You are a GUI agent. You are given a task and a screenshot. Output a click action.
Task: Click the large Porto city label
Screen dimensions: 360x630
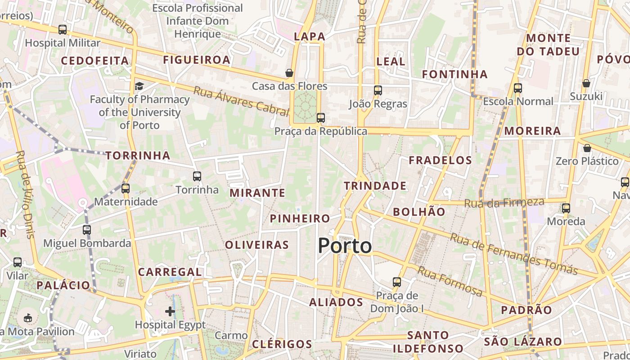tap(345, 246)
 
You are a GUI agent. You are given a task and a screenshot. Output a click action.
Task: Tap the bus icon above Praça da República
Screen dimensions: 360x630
tap(320, 118)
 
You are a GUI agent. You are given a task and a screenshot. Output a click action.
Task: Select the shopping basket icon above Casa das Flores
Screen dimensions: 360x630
tap(289, 73)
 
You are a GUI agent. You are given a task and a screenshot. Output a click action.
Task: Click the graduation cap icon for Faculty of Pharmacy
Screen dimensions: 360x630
tap(139, 85)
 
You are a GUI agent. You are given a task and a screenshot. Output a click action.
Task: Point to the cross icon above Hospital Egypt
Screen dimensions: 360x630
tap(170, 311)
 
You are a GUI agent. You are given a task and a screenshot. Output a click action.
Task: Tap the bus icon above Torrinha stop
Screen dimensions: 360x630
tap(197, 176)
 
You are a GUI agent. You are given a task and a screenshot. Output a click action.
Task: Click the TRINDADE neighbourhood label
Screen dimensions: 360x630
tap(375, 186)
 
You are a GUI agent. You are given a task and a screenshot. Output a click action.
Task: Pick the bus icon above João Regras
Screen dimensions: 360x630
tap(378, 90)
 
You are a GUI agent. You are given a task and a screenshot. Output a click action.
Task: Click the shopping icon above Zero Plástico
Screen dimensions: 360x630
tap(587, 148)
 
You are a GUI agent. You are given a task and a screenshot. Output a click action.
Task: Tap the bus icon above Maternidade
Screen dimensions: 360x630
tap(126, 188)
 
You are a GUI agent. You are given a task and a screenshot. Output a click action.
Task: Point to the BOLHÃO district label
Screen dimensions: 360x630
tap(418, 212)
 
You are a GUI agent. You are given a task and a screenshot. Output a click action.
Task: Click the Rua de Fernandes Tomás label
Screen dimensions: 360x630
tap(513, 254)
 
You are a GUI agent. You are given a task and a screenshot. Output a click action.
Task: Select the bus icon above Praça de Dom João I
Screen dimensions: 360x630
tap(396, 282)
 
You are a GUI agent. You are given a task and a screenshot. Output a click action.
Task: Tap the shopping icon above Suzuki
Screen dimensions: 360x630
tap(586, 83)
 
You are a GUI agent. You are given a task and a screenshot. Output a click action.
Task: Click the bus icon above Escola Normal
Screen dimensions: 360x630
tap(518, 88)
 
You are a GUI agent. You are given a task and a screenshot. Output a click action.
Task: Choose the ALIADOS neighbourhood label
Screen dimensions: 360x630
tap(336, 302)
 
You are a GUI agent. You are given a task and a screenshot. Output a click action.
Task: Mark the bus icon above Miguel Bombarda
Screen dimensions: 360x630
tap(87, 230)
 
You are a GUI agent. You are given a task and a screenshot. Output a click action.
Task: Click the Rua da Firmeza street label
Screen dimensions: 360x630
tap(504, 203)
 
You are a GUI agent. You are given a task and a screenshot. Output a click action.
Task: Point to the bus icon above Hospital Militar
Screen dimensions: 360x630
tap(63, 30)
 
